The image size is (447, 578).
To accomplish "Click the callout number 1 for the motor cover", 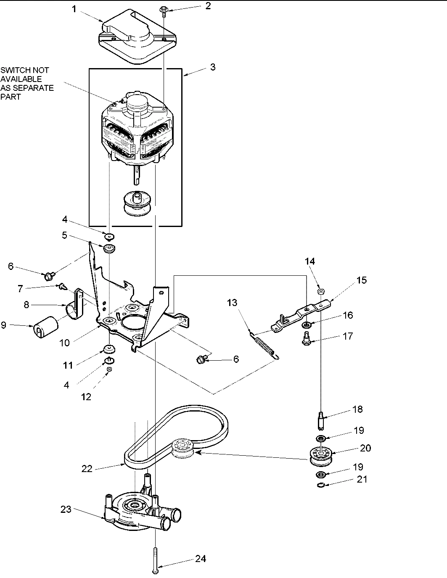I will [x=74, y=9].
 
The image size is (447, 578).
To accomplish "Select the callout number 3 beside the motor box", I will [x=213, y=67].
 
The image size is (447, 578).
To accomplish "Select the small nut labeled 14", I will [x=320, y=290].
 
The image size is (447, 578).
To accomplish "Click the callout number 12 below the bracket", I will [x=86, y=396].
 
